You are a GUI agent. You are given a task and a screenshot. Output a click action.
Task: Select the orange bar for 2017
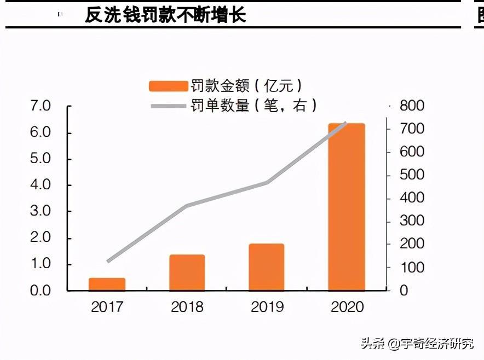107,284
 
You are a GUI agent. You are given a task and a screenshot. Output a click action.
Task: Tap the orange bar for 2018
187,272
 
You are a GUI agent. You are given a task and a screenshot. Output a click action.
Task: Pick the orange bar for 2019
266,267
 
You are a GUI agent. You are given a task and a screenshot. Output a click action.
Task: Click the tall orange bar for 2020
346,207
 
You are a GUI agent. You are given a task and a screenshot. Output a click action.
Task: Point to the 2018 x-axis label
187,306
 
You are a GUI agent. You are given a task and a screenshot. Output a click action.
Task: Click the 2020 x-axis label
347,306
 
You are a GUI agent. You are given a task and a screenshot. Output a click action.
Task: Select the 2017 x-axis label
107,306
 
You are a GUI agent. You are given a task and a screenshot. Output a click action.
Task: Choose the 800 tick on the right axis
412,106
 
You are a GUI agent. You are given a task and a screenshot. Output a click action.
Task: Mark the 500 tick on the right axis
412,175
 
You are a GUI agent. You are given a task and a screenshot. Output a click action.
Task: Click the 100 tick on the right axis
412,268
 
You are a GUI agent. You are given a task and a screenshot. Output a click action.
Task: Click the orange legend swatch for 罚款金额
168,86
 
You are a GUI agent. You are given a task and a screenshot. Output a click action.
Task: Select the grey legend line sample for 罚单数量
168,106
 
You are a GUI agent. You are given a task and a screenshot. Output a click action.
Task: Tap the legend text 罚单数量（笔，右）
253,106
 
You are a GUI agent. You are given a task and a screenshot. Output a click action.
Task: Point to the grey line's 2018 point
187,206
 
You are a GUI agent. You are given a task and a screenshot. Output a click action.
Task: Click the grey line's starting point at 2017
108,262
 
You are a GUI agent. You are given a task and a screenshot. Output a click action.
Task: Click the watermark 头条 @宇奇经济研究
417,344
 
